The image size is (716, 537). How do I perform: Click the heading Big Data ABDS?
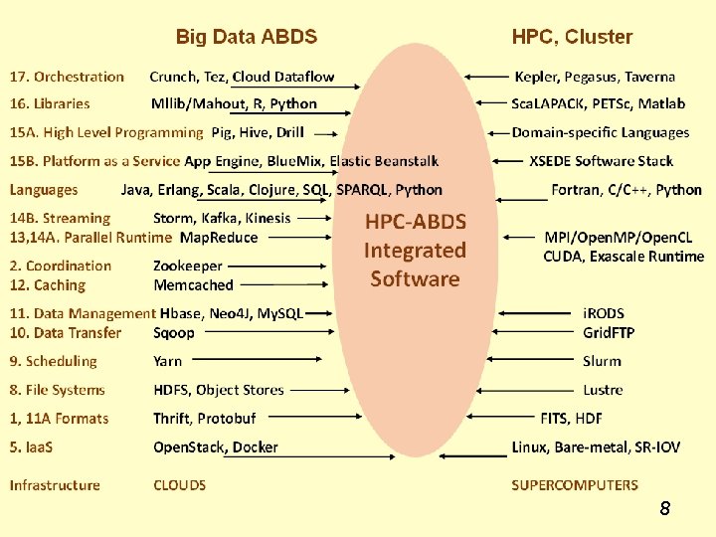click(x=246, y=38)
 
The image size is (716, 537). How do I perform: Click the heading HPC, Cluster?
click(x=572, y=38)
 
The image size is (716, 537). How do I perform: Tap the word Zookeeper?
click(x=188, y=266)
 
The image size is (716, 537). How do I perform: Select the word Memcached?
click(x=193, y=285)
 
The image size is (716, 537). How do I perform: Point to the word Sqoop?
click(x=174, y=333)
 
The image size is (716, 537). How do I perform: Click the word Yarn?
click(x=167, y=362)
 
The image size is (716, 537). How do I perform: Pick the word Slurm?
click(x=602, y=362)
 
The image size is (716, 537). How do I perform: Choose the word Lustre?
click(x=603, y=390)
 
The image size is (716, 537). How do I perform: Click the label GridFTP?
click(x=609, y=333)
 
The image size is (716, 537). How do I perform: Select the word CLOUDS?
click(x=180, y=485)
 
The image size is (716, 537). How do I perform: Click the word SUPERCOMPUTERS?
click(x=575, y=485)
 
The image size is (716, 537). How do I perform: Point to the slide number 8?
click(x=664, y=510)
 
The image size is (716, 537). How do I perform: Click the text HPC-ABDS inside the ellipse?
click(x=416, y=221)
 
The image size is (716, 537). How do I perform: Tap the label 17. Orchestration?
click(x=67, y=77)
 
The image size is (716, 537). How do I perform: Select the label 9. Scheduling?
click(x=54, y=362)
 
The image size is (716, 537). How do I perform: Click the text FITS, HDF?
click(x=571, y=419)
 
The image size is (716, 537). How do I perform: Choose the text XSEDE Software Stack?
click(x=601, y=161)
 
